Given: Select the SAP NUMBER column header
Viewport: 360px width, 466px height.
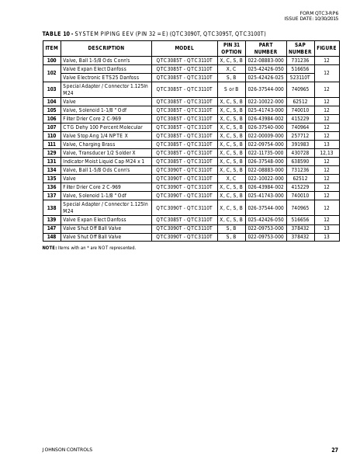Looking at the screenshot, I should coord(300,48).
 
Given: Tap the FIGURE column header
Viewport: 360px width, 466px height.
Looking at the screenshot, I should coord(327,48).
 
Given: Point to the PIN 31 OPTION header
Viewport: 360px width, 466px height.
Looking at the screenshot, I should coord(231,48).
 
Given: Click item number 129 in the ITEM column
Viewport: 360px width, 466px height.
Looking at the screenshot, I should coord(51,153).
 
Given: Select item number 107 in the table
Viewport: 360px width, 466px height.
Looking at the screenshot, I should coord(51,127).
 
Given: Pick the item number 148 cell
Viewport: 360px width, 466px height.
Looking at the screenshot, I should coord(51,236).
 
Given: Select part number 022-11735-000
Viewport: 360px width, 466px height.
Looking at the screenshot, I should coord(266,153).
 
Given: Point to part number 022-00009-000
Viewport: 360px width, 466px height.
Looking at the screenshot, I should coord(266,135).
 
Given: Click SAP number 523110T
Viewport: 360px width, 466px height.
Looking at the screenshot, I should coord(300,77).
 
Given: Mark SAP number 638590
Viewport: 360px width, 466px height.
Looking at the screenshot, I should coord(300,162).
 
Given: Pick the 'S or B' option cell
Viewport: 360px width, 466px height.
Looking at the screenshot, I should coord(231,89).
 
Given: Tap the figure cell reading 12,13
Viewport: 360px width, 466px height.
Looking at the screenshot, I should coord(327,153).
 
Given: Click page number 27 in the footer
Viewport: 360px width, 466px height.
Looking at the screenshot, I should coord(334,450).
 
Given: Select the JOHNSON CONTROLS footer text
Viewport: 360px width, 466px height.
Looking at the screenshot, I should coord(67,450).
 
